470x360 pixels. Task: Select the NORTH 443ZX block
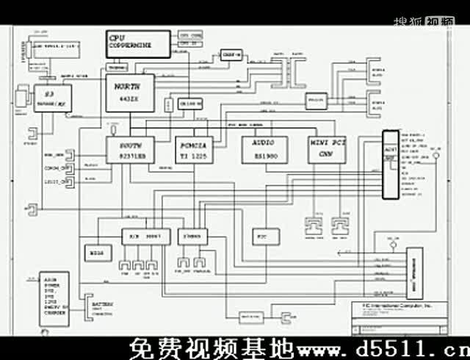pyautogui.click(x=129, y=93)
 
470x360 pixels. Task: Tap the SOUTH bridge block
pyautogui.click(x=130, y=149)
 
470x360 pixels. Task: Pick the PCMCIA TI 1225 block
pyautogui.click(x=195, y=149)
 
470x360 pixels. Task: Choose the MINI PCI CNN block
pyautogui.click(x=328, y=149)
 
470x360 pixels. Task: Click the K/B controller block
pyautogui.click(x=146, y=236)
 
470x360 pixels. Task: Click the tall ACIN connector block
pyautogui.click(x=391, y=165)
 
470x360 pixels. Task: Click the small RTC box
pyautogui.click(x=261, y=237)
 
